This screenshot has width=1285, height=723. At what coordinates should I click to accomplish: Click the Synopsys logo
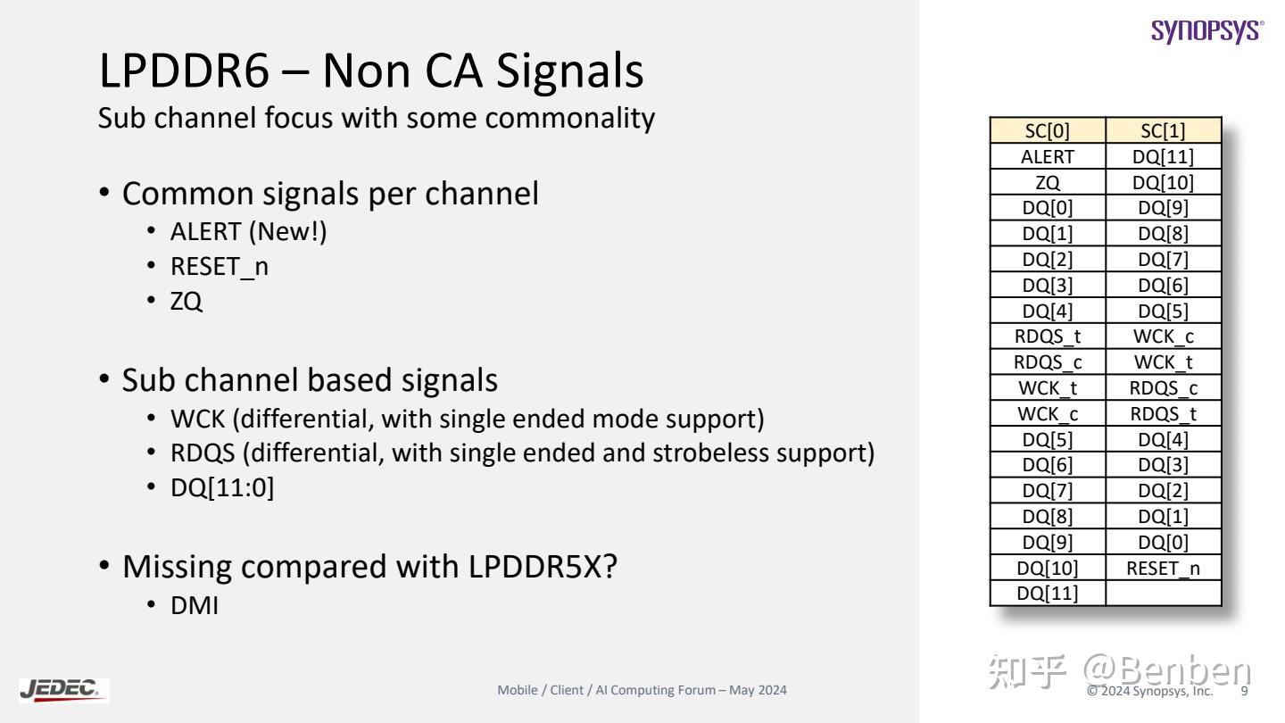click(x=1207, y=31)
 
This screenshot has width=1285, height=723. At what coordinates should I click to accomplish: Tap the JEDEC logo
click(x=63, y=690)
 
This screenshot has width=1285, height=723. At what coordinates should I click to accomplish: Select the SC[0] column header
click(x=1048, y=131)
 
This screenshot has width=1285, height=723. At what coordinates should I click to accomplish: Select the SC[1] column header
click(x=1164, y=131)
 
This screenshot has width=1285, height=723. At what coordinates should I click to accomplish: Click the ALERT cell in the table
click(x=1048, y=157)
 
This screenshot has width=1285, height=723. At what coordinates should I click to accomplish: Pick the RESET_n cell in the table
click(x=1164, y=568)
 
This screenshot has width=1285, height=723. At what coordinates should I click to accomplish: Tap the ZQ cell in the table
click(x=1048, y=182)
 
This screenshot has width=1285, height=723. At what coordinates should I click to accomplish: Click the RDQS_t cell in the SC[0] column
click(x=1048, y=337)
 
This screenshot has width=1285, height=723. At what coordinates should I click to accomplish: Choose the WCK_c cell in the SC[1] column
click(x=1164, y=337)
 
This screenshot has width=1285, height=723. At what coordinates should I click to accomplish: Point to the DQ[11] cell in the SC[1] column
click(x=1164, y=157)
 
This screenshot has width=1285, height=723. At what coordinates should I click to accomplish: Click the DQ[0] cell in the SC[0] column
click(x=1048, y=208)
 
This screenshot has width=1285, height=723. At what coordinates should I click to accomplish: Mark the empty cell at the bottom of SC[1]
click(x=1164, y=594)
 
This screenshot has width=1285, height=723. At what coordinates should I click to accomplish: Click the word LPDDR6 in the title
click(x=184, y=71)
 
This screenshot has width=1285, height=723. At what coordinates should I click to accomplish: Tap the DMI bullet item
click(x=195, y=605)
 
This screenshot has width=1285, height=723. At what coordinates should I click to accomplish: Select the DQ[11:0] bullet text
click(x=222, y=487)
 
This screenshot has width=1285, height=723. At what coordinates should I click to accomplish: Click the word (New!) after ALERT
click(x=287, y=232)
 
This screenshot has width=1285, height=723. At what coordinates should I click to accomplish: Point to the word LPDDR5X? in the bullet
click(x=543, y=567)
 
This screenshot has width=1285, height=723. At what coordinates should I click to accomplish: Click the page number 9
click(x=1244, y=691)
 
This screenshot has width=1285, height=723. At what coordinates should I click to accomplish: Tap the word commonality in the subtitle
click(x=569, y=118)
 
